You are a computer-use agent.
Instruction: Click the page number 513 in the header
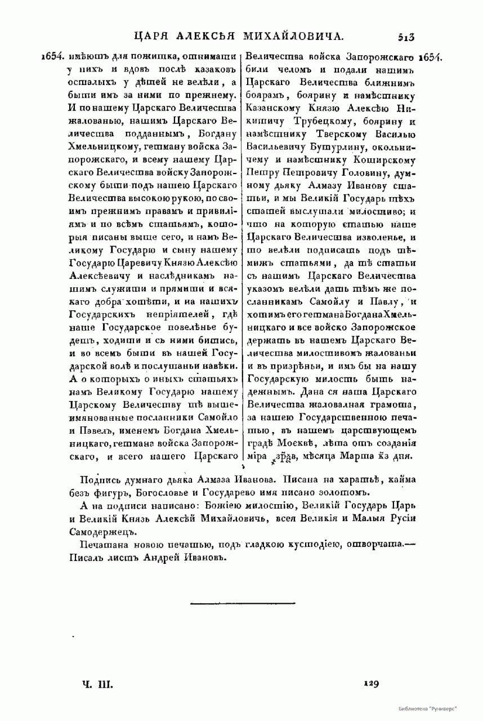(402, 37)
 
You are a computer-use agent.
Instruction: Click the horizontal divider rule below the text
(243, 603)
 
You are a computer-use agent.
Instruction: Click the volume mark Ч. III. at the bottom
(97, 684)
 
